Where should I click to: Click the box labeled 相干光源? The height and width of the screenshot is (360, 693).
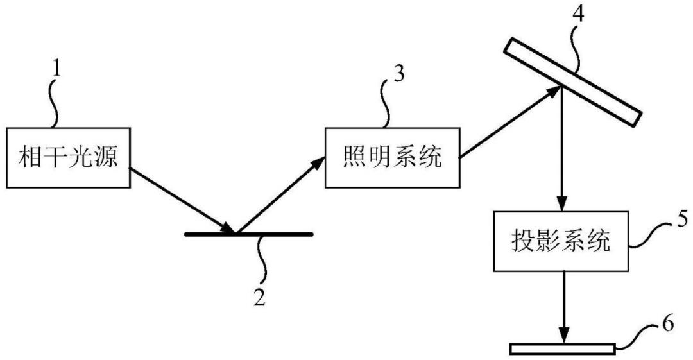(x=67, y=157)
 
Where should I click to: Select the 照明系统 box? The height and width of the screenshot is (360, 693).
(x=393, y=157)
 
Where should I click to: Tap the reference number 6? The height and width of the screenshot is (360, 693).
(x=668, y=324)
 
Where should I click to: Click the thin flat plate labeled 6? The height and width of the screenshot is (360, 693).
(x=563, y=349)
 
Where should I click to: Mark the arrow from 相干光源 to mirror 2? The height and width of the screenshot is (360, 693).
(x=182, y=200)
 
